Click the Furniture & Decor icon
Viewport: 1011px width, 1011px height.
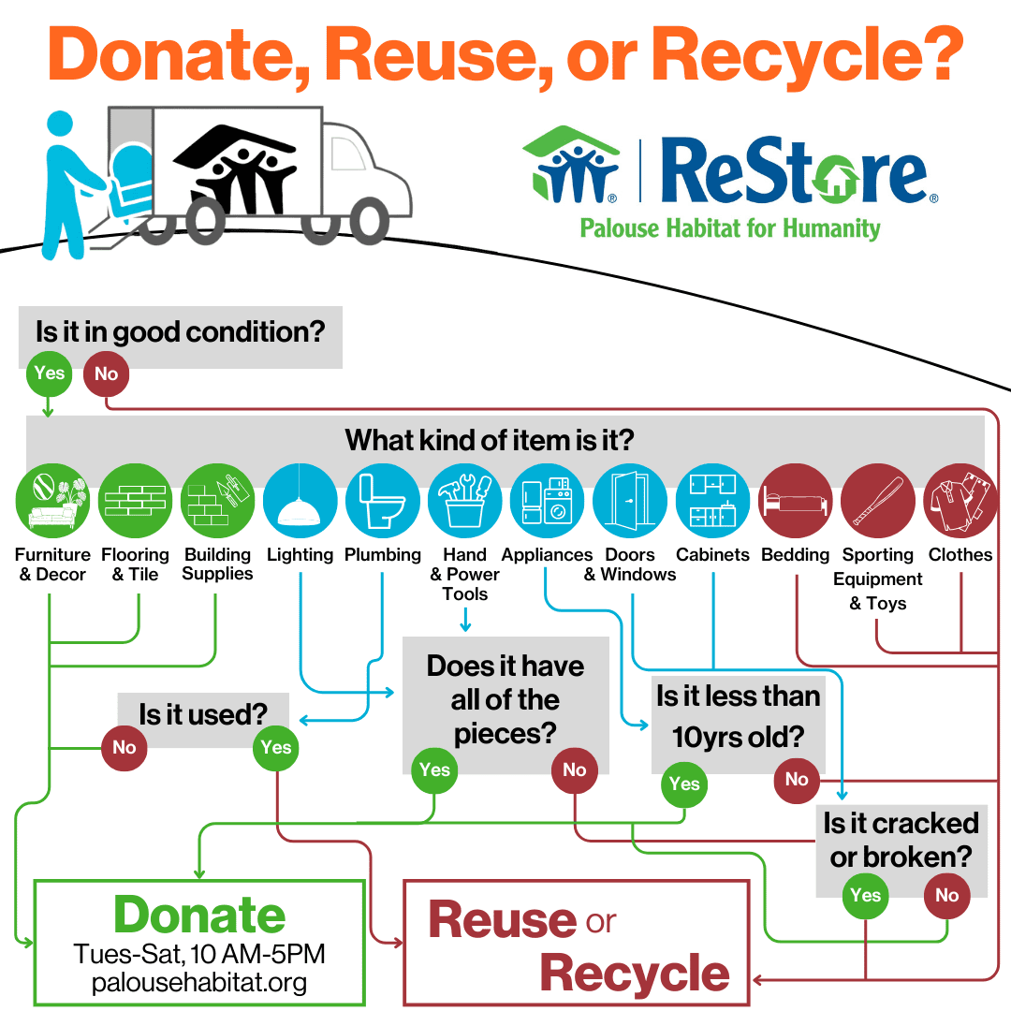pyautogui.click(x=52, y=500)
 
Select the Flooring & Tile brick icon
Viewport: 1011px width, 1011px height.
pyautogui.click(x=136, y=500)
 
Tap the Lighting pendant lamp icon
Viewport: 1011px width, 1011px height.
pyautogui.click(x=300, y=500)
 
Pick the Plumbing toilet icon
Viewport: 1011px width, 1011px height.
pyautogui.click(x=383, y=500)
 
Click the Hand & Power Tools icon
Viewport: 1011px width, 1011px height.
pyautogui.click(x=465, y=500)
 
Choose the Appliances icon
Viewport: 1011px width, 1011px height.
pyautogui.click(x=548, y=500)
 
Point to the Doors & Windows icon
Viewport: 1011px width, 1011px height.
pyautogui.click(x=630, y=500)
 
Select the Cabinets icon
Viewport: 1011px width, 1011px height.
pyautogui.click(x=712, y=500)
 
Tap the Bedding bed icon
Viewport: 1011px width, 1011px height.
pyautogui.click(x=795, y=500)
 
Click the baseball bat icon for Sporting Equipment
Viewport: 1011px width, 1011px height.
pyautogui.click(x=877, y=500)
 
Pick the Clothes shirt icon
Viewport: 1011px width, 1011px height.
pyautogui.click(x=960, y=500)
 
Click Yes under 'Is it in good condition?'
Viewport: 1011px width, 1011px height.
pyautogui.click(x=49, y=374)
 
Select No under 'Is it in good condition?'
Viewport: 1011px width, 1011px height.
pyautogui.click(x=107, y=374)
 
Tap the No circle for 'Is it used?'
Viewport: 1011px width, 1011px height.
pyautogui.click(x=125, y=748)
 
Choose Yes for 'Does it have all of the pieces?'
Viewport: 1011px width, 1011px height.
pyautogui.click(x=434, y=769)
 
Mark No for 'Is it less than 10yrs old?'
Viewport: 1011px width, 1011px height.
pyautogui.click(x=797, y=780)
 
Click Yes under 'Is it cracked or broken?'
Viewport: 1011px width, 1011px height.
pyautogui.click(x=865, y=896)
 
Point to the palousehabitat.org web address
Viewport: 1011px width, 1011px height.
pyautogui.click(x=199, y=983)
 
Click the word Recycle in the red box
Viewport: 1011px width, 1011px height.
pyautogui.click(x=635, y=974)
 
